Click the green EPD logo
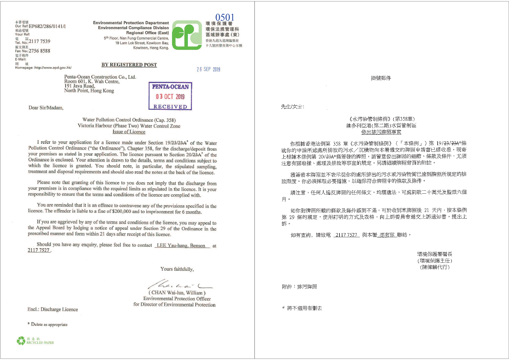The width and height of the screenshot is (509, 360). [187, 35]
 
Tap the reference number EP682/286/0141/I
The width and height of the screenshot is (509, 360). [47, 26]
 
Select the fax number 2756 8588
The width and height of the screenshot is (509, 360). [39, 51]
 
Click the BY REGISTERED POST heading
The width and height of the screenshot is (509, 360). [129, 65]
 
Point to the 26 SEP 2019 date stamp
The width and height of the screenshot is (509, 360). [208, 69]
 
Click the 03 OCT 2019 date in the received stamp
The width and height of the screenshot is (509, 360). [170, 96]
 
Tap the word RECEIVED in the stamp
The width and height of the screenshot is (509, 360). [170, 107]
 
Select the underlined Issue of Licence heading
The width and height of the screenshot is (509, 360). [129, 132]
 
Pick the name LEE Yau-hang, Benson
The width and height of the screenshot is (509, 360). [181, 246]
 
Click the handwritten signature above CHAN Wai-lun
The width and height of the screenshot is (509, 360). [180, 284]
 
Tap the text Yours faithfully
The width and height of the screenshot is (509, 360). [177, 269]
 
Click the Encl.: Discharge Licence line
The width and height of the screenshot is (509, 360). [53, 309]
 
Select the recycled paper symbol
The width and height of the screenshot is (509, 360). [21, 341]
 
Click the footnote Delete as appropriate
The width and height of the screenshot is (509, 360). [49, 325]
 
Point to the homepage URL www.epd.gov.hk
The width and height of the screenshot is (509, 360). [53, 68]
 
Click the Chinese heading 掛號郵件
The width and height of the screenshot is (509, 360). [381, 78]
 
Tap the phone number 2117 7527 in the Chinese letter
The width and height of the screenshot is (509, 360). [346, 235]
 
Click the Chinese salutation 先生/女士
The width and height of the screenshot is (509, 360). [293, 107]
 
